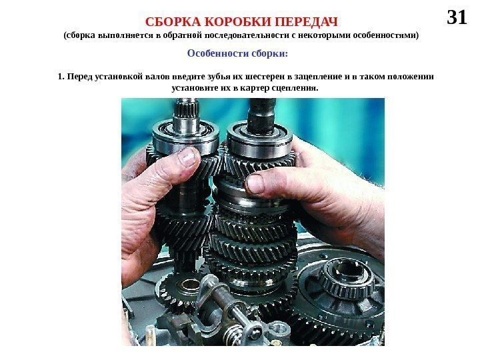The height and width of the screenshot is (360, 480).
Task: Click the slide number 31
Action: pyautogui.click(x=457, y=17)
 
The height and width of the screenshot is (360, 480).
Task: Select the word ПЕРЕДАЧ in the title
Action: pyautogui.click(x=306, y=22)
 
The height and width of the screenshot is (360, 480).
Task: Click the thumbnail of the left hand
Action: pyautogui.click(x=187, y=157)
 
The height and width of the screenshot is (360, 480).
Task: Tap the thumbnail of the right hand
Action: pyautogui.click(x=255, y=184)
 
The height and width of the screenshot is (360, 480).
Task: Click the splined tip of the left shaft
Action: pyautogui.click(x=186, y=107)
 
